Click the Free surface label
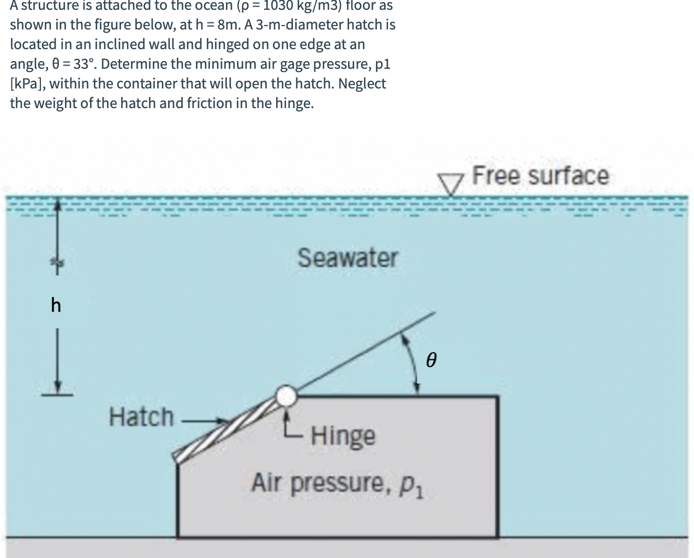click(x=540, y=176)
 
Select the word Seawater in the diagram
click(x=348, y=258)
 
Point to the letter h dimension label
click(x=56, y=305)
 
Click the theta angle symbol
click(x=432, y=360)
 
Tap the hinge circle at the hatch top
click(x=285, y=395)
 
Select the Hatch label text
click(x=141, y=417)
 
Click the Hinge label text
click(x=343, y=436)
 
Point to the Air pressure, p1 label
click(x=338, y=484)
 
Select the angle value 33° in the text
click(x=85, y=64)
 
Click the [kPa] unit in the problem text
click(x=26, y=84)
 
